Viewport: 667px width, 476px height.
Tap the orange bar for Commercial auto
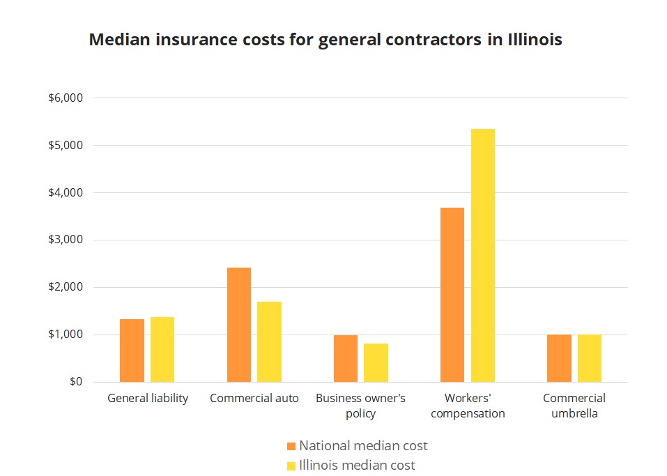coord(238,325)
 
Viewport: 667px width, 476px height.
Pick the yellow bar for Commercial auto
coord(269,341)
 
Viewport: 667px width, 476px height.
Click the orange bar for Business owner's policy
coord(345,358)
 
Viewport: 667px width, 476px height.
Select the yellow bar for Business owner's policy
coord(376,362)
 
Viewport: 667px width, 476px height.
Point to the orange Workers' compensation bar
coord(452,295)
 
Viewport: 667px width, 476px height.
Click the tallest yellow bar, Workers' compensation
coord(483,255)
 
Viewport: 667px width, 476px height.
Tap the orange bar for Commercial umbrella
coord(559,358)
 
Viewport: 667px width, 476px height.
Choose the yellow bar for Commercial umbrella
coord(590,358)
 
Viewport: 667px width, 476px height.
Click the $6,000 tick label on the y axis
coord(66,98)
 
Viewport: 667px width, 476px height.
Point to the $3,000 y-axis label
coord(66,240)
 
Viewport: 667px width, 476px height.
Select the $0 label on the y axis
coord(75,382)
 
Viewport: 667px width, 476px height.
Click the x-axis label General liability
coord(148,399)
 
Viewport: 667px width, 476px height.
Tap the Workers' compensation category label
coord(468,406)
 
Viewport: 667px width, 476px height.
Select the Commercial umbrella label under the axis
coord(574,406)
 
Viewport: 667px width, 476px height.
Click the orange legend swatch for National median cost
coord(291,446)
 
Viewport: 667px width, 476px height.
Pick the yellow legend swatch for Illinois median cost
coord(291,466)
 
